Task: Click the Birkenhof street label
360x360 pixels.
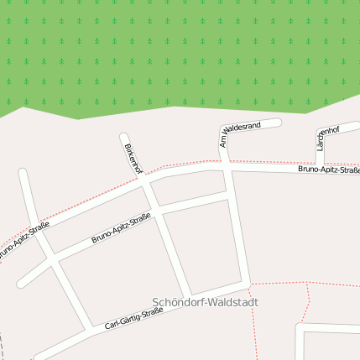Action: point(133,159)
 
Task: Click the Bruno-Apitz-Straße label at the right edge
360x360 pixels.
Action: point(328,170)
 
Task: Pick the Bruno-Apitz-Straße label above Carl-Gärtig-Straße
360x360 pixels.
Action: point(121,229)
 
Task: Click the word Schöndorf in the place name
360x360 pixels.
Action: point(179,302)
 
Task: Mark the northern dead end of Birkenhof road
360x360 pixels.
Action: point(124,137)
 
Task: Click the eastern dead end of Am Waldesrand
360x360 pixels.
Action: point(277,123)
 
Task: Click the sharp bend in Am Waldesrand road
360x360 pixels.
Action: point(224,131)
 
